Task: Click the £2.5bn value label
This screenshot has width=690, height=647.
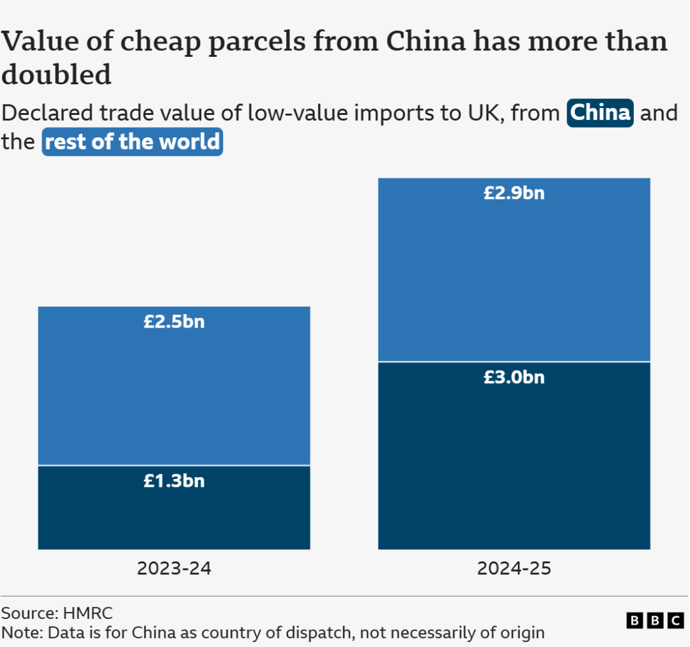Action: tap(174, 321)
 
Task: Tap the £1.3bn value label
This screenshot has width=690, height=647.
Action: tap(174, 480)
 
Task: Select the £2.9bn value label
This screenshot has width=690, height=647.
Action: tap(514, 193)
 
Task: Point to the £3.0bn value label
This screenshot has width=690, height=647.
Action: tap(514, 377)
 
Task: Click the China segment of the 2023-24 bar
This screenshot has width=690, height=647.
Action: tap(174, 517)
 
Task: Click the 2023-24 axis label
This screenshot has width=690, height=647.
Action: tap(174, 568)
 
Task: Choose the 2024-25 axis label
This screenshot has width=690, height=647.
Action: tap(514, 568)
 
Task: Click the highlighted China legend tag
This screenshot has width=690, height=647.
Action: tap(600, 113)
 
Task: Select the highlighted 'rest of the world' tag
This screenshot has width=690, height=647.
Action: tap(132, 142)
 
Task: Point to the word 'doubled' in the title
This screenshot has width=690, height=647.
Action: tap(56, 75)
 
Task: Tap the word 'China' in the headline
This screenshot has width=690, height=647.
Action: tap(427, 42)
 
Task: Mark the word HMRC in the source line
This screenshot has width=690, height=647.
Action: tap(88, 614)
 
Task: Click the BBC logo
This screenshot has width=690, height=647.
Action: tap(655, 620)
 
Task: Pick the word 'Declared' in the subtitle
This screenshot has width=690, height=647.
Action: tap(48, 113)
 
